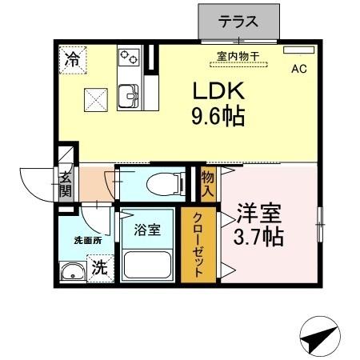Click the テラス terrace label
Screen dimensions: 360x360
pyautogui.click(x=239, y=22)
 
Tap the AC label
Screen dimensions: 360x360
pyautogui.click(x=298, y=69)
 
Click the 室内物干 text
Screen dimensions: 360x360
pyautogui.click(x=237, y=55)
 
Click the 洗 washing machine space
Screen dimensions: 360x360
pyautogui.click(x=98, y=268)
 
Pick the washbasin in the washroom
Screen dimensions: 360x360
pyautogui.click(x=73, y=271)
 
